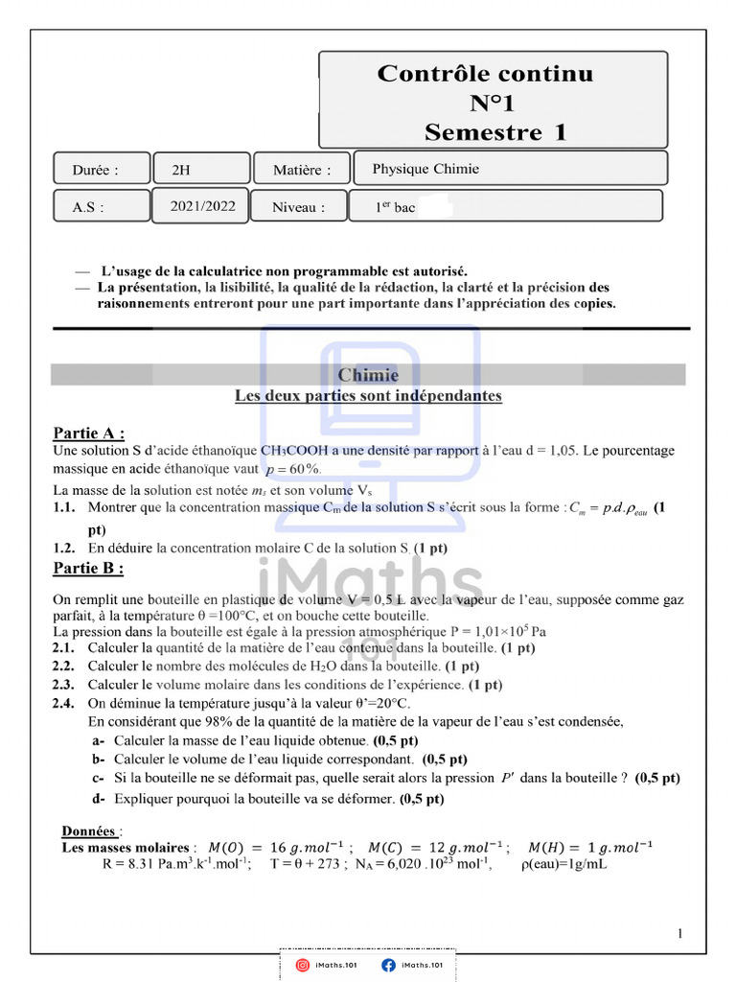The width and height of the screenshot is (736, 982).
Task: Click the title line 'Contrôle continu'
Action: point(485,74)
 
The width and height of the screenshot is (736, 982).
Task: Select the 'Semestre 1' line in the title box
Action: point(495,131)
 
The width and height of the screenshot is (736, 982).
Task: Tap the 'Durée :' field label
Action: point(96,171)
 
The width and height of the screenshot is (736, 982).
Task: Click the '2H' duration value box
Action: point(181,171)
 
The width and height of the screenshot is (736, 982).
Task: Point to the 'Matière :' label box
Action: point(302,171)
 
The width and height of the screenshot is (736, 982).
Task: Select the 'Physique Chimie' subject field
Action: point(425,169)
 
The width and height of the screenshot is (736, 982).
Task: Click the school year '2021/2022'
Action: point(201,205)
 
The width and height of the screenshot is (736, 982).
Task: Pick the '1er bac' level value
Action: point(396,207)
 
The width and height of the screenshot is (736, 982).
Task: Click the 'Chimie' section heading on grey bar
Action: point(368,375)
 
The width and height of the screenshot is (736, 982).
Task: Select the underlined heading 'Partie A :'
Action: point(89,433)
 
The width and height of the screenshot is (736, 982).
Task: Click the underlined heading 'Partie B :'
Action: point(88,569)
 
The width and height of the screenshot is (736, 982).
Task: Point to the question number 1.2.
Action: point(64,548)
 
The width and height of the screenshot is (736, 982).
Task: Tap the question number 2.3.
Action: point(64,685)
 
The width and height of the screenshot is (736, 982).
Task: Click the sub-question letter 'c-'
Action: point(98,778)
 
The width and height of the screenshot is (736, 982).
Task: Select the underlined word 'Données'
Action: point(89,830)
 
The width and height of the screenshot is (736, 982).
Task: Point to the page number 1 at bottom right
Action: point(679,933)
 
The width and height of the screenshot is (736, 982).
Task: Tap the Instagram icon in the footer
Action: point(302,965)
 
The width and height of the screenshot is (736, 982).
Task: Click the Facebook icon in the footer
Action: point(388,965)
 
